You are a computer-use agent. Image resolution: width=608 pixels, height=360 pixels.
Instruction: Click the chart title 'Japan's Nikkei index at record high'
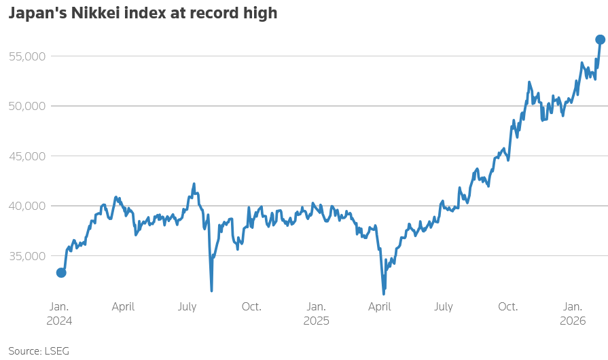click(x=143, y=14)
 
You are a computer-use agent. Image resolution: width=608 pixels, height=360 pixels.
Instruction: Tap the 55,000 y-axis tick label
click(x=26, y=56)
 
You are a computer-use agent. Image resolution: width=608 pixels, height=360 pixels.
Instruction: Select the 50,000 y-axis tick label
click(x=26, y=106)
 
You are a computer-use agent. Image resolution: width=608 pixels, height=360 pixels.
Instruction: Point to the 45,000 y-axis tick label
click(x=26, y=156)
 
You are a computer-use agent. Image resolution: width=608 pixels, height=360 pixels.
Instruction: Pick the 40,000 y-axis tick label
click(x=26, y=206)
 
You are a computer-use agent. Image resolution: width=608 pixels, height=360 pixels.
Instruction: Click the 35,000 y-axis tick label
click(x=26, y=255)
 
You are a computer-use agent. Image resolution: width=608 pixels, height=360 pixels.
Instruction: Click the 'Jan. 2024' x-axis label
click(x=59, y=313)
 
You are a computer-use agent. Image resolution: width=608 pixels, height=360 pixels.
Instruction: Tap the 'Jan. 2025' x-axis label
click(x=316, y=313)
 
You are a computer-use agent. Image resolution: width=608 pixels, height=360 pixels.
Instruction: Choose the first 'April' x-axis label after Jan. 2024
click(x=123, y=307)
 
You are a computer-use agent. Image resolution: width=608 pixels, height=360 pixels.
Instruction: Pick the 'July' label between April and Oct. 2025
click(x=444, y=307)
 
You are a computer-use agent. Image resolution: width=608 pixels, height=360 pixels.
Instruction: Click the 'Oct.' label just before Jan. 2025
click(x=251, y=307)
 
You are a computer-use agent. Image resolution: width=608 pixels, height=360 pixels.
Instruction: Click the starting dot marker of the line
click(x=61, y=272)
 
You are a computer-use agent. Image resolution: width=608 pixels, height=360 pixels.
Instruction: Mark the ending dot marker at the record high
click(x=601, y=39)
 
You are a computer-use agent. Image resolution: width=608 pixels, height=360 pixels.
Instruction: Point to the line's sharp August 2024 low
click(x=211, y=290)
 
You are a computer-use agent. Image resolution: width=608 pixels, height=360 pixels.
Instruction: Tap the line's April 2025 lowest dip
click(x=384, y=293)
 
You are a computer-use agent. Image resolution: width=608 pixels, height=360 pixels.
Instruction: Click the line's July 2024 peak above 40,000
click(x=194, y=184)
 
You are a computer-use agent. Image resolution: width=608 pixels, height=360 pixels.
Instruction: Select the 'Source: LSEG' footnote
click(x=39, y=350)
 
